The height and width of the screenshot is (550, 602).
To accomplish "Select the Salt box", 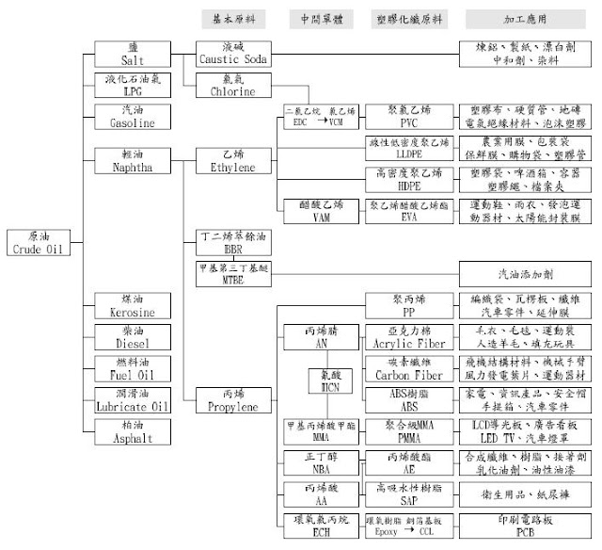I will pos(134,54).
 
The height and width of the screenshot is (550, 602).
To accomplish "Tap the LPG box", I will pos(134,84).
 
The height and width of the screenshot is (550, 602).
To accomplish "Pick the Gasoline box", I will pos(134,116).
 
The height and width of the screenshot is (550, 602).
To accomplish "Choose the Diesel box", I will pos(134,337).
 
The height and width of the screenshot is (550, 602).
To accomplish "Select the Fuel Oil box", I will pos(134,368).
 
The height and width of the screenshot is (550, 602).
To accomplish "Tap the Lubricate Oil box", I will pos(134,399).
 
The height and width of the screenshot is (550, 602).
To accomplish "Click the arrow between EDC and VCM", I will pos(318,122).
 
